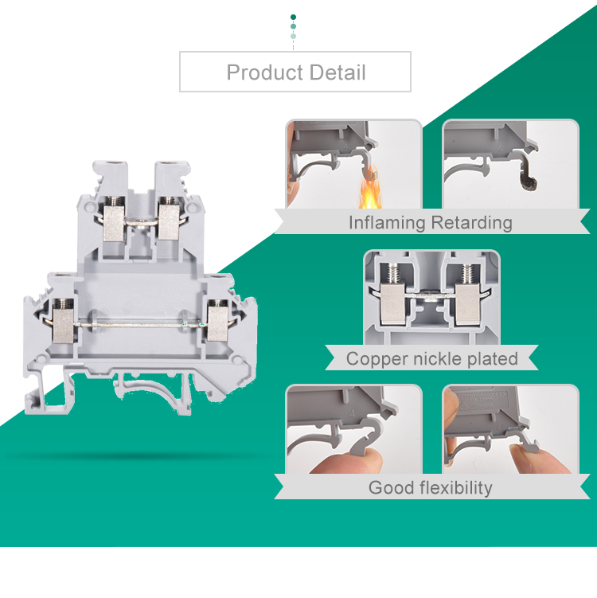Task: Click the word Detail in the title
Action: coord(338,72)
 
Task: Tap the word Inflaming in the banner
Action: coord(387,223)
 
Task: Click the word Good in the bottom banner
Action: coord(391,488)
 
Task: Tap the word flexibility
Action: coord(456,488)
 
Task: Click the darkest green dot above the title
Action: coord(293,17)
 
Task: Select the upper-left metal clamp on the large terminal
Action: coord(114,224)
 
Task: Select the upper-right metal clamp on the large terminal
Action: coord(169,222)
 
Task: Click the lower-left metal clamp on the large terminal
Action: coord(64,325)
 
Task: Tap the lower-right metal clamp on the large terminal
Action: coord(217,324)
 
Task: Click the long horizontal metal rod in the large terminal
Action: coord(140,325)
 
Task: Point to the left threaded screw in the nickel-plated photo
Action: coord(393,274)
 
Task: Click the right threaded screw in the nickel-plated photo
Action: coord(466,274)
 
